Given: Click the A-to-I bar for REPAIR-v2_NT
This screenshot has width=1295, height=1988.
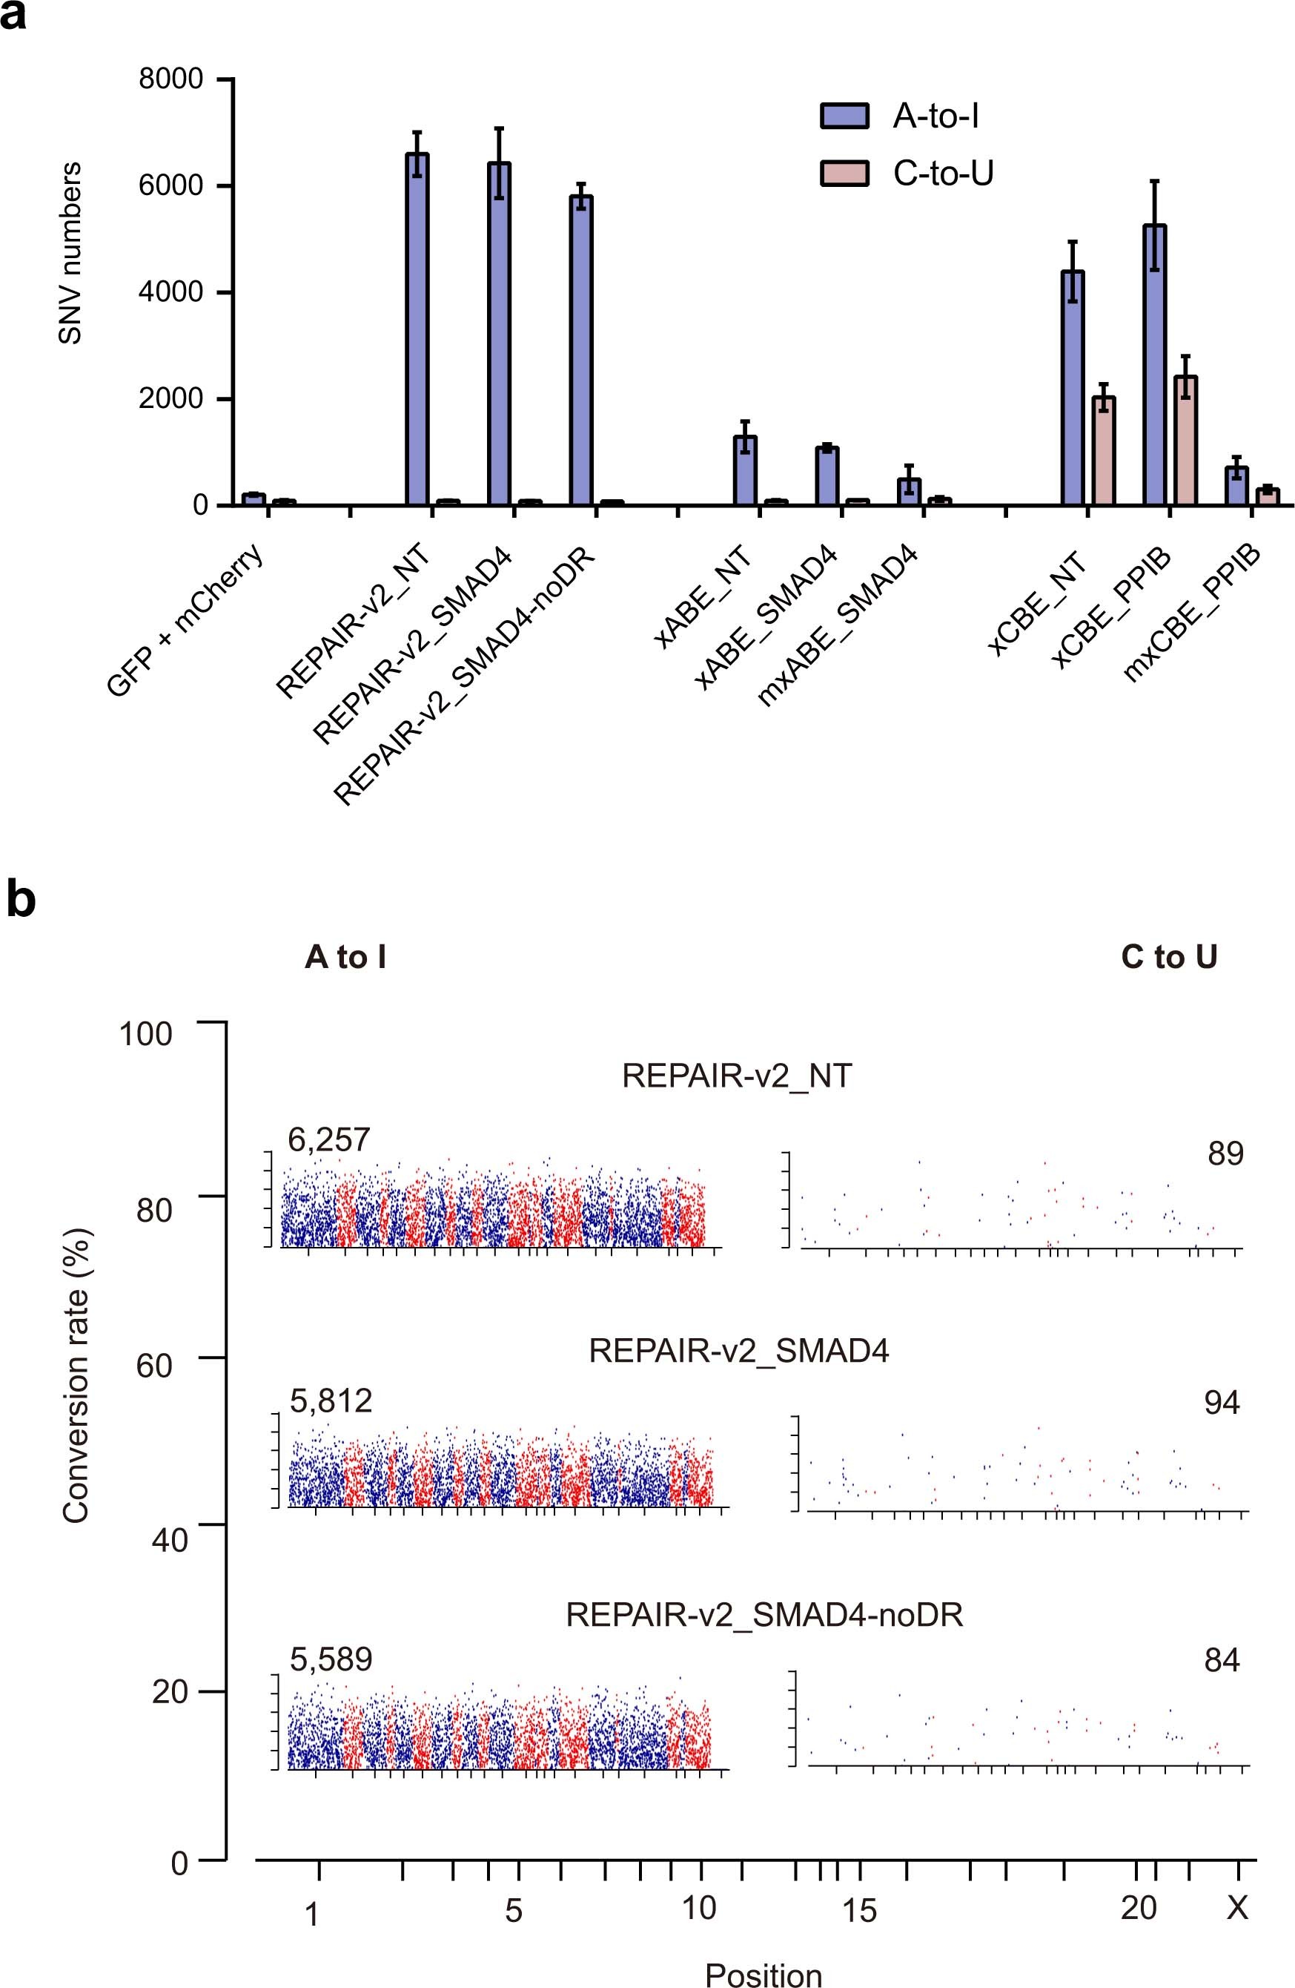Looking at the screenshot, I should pyautogui.click(x=417, y=330).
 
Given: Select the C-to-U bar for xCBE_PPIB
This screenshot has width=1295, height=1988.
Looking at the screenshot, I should pyautogui.click(x=1185, y=441).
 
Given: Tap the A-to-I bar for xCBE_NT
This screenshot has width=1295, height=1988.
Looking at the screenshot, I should pyautogui.click(x=1072, y=389).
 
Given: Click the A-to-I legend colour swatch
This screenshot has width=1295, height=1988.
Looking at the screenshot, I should pyautogui.click(x=844, y=117).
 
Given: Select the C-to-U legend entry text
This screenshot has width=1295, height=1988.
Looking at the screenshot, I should pyautogui.click(x=944, y=174).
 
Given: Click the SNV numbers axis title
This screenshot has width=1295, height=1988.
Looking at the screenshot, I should pyautogui.click(x=71, y=253).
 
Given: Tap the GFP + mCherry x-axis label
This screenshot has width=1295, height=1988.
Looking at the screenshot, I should pyautogui.click(x=188, y=620).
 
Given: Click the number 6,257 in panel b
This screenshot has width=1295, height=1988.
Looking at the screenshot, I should pyautogui.click(x=329, y=1139).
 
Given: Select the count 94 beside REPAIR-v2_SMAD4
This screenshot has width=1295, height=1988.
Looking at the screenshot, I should pyautogui.click(x=1222, y=1403).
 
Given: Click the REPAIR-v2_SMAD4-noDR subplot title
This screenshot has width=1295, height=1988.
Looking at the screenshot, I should pyautogui.click(x=764, y=1615).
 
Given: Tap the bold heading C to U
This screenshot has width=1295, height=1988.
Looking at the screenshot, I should pyautogui.click(x=1169, y=957).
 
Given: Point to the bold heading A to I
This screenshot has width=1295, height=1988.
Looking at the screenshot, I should pyautogui.click(x=345, y=957).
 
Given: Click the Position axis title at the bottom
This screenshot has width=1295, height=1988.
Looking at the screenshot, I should pyautogui.click(x=764, y=1974).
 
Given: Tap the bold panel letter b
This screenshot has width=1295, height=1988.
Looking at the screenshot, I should pyautogui.click(x=21, y=901).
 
